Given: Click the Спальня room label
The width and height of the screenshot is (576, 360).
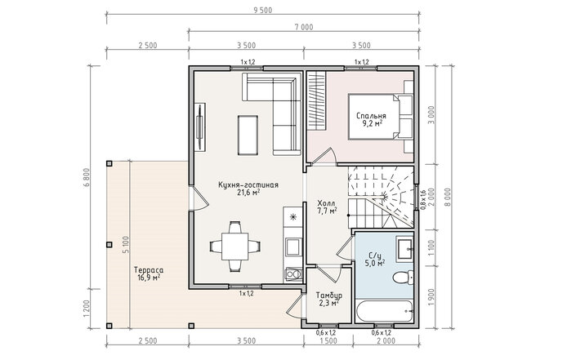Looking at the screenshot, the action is (x=371, y=116).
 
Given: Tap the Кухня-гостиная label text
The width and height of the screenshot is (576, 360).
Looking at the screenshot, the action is (x=248, y=185).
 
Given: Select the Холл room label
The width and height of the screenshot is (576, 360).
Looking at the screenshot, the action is (x=326, y=203).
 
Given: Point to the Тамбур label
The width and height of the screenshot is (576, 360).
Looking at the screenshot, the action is (x=329, y=296).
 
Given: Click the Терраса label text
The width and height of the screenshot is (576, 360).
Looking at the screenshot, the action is (x=149, y=270).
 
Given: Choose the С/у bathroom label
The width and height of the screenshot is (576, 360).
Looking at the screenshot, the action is (x=375, y=256).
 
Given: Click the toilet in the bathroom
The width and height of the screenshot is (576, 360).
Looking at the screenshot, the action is (x=403, y=278).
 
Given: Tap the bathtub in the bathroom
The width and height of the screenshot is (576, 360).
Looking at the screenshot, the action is (x=385, y=312).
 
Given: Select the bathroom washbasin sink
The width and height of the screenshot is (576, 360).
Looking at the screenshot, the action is (x=404, y=249).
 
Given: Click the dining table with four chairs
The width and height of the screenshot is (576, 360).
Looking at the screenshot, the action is (x=235, y=247).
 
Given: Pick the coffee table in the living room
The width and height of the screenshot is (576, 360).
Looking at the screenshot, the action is (x=248, y=135).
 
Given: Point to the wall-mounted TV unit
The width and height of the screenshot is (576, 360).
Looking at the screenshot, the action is (x=200, y=127).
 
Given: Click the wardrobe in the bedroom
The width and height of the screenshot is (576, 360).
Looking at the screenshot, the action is (x=316, y=100).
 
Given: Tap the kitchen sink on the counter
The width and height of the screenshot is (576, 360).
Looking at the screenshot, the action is (x=293, y=247).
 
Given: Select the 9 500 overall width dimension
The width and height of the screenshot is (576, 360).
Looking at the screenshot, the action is (x=262, y=11).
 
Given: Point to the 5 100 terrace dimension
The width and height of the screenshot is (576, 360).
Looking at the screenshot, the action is (x=125, y=245).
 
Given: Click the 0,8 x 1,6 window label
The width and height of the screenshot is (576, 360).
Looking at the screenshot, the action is (x=422, y=199).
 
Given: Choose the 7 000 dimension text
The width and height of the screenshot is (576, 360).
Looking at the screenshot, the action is (x=304, y=27).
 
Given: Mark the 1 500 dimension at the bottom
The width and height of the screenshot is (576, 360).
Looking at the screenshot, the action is (x=328, y=341).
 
